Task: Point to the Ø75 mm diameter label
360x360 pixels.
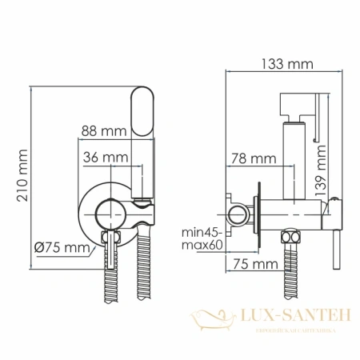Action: coord(60,248)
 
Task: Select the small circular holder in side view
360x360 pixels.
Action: coord(238,214)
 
